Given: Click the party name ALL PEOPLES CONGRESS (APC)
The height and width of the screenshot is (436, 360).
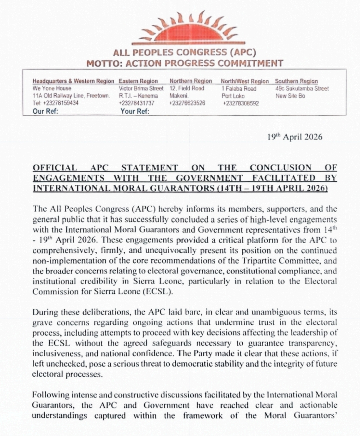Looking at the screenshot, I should pos(185,53).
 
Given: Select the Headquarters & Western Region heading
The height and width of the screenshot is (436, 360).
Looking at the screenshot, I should pos(73,81).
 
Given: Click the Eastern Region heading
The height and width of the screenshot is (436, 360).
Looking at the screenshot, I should pos(138,81).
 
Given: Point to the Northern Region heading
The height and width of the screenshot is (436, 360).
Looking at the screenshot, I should pos(191,81).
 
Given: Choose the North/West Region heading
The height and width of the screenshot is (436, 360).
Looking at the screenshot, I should pos(244,81).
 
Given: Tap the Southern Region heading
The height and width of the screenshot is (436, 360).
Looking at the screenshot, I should pos(296,81).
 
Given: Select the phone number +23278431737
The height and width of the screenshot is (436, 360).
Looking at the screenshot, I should pos(136,103).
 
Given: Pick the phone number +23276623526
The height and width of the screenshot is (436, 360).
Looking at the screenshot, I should pos(187,103).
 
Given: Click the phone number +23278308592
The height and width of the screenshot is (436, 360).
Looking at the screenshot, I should pos(240,103).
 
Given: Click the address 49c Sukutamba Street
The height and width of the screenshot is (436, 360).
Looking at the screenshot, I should pos(302,89).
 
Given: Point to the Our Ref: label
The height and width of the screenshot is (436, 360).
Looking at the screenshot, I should pos(45,111).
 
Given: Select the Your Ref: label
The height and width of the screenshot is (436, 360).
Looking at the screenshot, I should pos(135,111).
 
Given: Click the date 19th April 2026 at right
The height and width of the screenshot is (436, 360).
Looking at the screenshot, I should pos(295,137).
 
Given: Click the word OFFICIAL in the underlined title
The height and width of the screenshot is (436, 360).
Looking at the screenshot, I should pos(55,167).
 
